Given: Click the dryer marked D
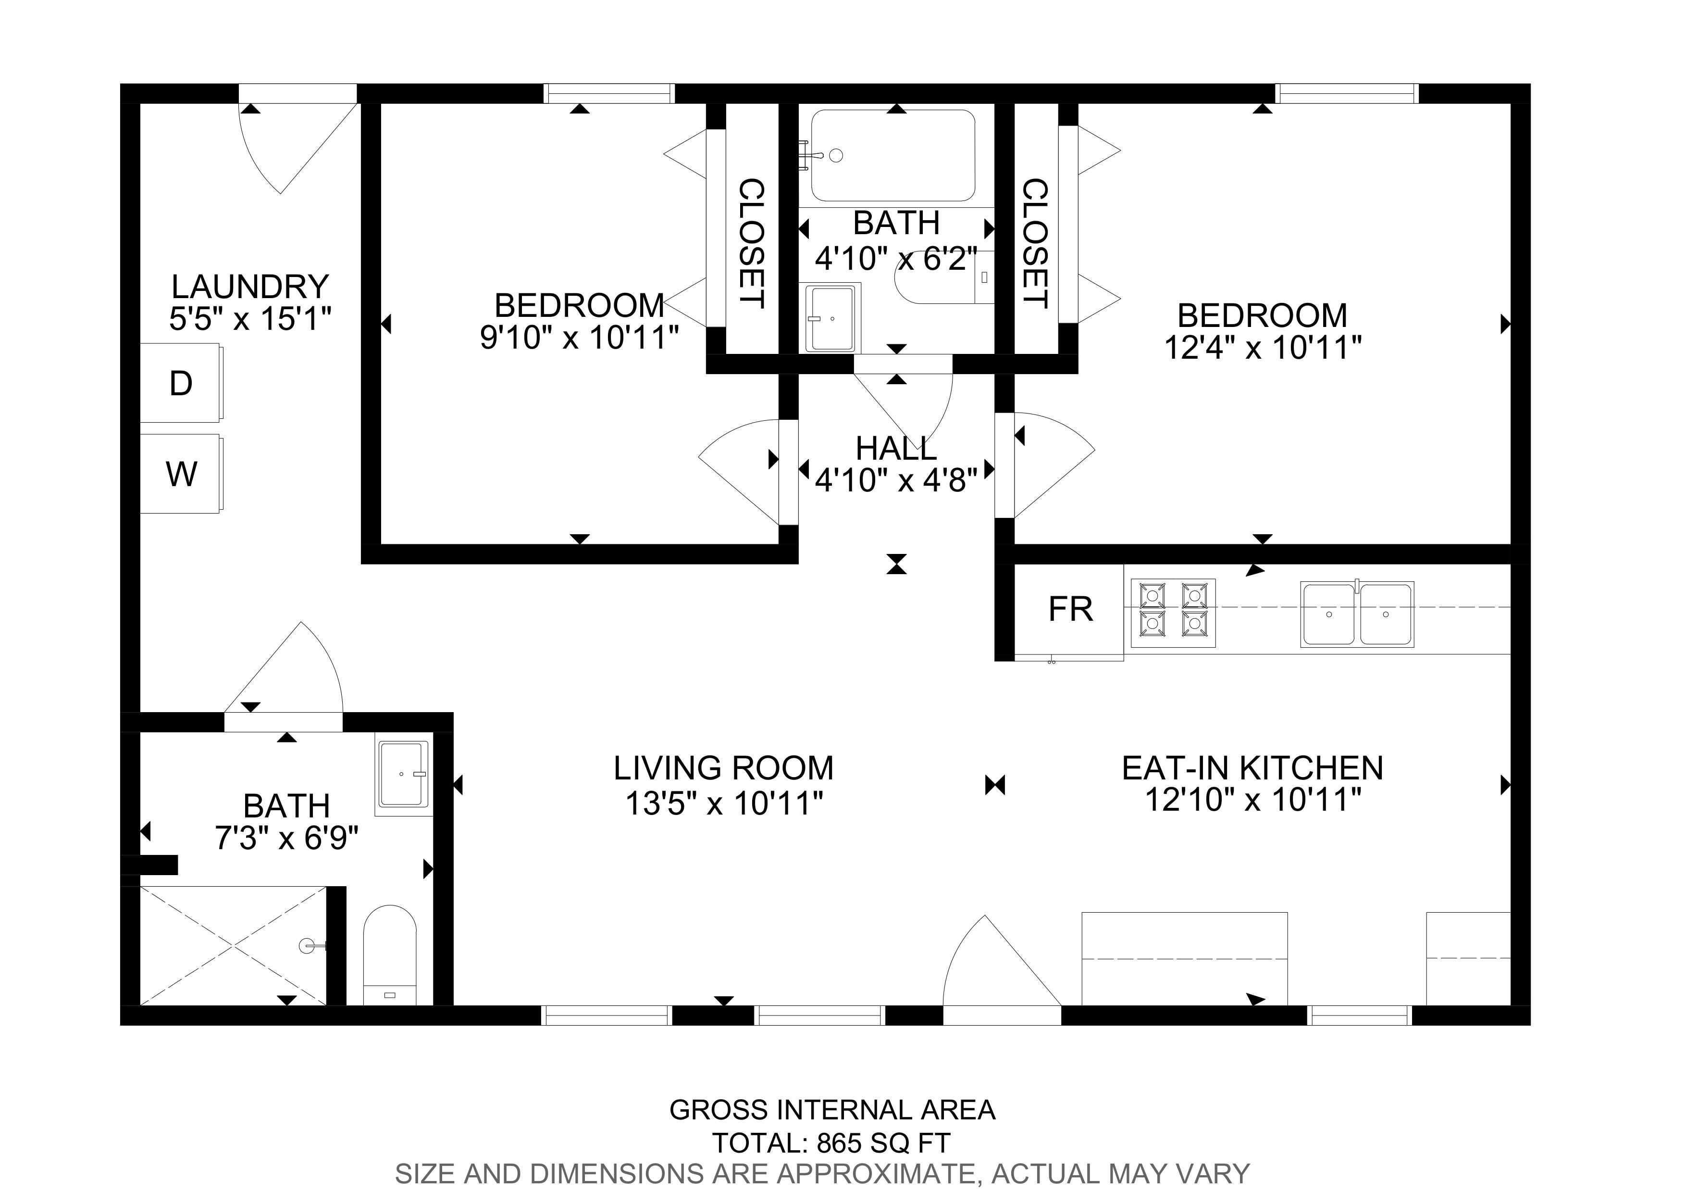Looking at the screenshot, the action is pos(181,383).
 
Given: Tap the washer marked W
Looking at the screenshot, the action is pos(181,474).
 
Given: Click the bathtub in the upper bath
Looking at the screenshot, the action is pos(892,156).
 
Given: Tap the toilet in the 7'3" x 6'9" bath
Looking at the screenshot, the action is pos(390,955).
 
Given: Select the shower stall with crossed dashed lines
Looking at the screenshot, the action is pos(234,945).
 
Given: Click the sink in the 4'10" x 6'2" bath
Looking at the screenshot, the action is pos(833,318).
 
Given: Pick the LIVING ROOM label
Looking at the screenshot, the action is pos(723,768).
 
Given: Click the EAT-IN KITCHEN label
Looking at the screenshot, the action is pos(1253,768).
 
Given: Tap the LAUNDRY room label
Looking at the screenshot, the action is pos(249,287).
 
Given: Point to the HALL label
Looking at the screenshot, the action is pos(896,448).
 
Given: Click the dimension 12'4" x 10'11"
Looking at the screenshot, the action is pos(1263,347).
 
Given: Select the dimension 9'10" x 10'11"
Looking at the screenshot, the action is pos(579,337).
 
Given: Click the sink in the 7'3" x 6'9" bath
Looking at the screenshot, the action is pos(403,774).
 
